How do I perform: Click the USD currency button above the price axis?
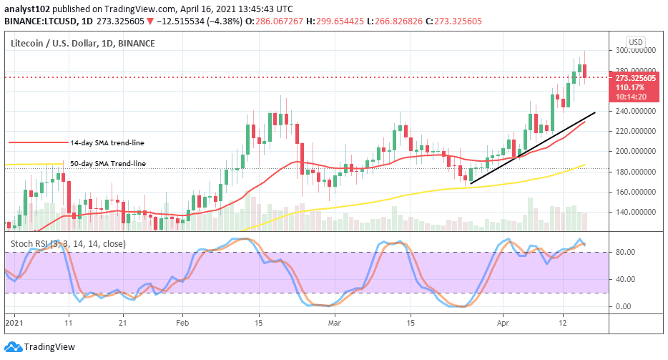[x=636, y=40]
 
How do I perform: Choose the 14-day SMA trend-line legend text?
[x=107, y=142]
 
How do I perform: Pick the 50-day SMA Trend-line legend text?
[x=108, y=164]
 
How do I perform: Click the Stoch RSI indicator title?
[x=68, y=244]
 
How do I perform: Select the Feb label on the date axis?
[x=182, y=323]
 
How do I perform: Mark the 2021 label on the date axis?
[x=14, y=323]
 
